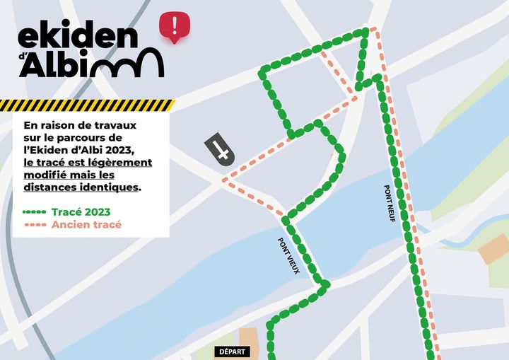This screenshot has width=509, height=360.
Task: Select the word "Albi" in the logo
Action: [57, 65]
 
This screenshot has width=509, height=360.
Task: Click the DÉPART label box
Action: [233, 352]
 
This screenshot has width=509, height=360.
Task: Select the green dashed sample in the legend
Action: [35, 211]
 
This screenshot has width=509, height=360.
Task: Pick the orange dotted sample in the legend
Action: [35, 225]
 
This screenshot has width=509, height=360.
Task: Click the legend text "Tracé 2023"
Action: [81, 211]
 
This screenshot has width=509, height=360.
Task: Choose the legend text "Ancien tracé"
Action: [86, 225]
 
